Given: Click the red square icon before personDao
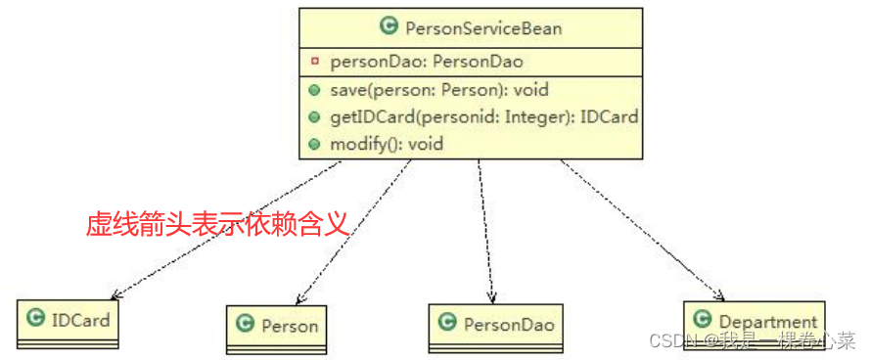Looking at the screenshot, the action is click(x=314, y=62).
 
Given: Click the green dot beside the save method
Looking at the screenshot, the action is click(x=314, y=90).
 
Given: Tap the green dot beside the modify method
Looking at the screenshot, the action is click(x=314, y=144).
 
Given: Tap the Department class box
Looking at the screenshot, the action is click(x=754, y=322).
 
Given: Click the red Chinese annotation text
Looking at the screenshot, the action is click(x=217, y=226).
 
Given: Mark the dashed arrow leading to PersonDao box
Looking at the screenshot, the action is click(x=485, y=235).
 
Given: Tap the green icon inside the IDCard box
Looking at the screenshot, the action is click(x=36, y=319).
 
